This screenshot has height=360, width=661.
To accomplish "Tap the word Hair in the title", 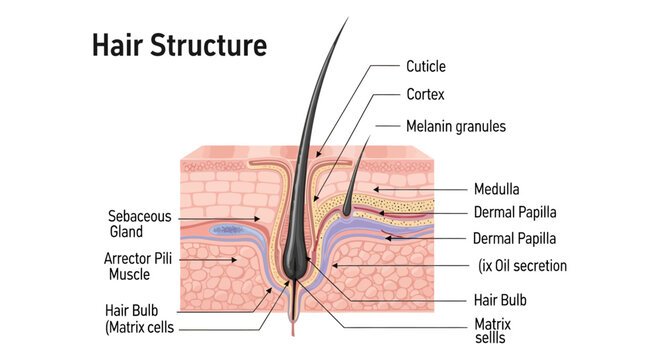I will coord(116,45).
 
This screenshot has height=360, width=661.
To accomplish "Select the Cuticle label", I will coord(426,67).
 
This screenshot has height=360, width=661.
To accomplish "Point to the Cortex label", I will coord(425,97).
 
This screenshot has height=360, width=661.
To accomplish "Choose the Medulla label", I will coord(498,188).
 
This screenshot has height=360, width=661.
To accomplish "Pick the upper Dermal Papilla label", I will coord(515,212).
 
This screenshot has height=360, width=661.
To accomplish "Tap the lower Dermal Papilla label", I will coord(515,238).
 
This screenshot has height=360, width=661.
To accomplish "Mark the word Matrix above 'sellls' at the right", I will coord(491,323).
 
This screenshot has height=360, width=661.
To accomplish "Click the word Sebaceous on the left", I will coord(139,216).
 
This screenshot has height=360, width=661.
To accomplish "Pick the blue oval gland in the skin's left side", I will coord(228,230).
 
